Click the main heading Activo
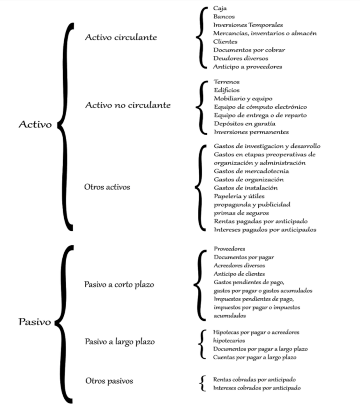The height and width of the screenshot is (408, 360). [x=35, y=124]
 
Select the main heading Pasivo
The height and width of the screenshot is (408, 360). [x=35, y=322]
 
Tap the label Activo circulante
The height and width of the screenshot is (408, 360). [x=121, y=37]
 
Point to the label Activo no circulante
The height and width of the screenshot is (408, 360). [x=128, y=105]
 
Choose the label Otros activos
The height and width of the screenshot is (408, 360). [x=107, y=187]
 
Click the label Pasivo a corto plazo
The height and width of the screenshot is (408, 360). [x=119, y=284]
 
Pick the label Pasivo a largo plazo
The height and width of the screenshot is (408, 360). [x=120, y=342]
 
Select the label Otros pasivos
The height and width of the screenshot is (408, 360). [x=109, y=381]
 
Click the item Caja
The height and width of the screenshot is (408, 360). [x=220, y=8]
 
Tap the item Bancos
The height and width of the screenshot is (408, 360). [x=224, y=17]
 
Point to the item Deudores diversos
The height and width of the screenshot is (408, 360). [x=240, y=58]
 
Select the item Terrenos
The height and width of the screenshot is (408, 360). [x=226, y=82]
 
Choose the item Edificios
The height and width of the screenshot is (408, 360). [x=226, y=91]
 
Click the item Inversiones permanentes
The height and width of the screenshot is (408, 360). [x=251, y=132]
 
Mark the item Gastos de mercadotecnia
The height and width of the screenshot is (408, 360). [x=251, y=171]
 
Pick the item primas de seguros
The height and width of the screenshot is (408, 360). [x=241, y=213]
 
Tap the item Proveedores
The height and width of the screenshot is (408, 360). [x=229, y=249]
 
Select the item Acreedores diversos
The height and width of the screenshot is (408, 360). [x=240, y=265]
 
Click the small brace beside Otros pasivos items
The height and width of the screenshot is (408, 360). [x=202, y=383]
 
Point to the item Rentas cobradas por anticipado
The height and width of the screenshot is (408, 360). [x=255, y=380]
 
